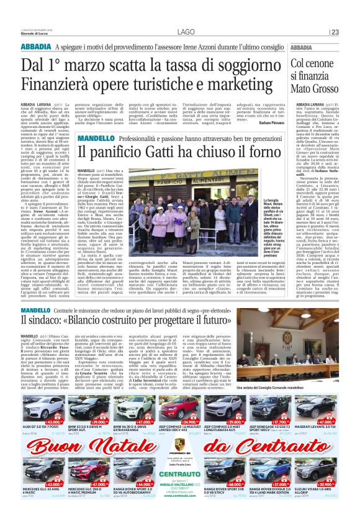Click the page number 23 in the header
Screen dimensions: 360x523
tap(335, 32)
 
